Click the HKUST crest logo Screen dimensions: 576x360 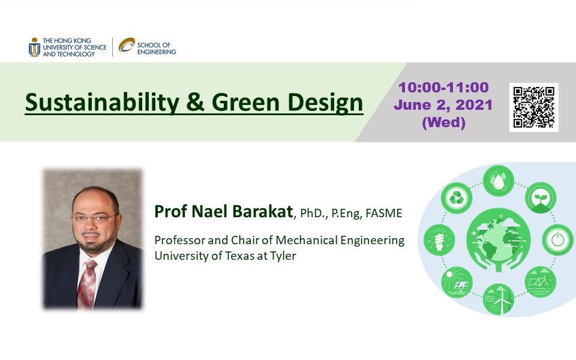point(34,47)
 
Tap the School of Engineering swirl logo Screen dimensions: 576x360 point(127,45)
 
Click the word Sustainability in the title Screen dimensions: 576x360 point(102,103)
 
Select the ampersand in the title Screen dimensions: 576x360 point(195,102)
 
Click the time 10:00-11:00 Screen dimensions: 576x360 point(443,88)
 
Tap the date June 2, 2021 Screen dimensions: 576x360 point(443,105)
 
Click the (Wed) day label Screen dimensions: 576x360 point(443,122)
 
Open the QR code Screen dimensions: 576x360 point(534,107)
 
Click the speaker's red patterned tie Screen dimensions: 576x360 point(86,283)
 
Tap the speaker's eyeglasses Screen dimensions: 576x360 point(95,218)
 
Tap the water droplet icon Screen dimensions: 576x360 point(498,181)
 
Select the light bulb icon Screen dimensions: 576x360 point(439,240)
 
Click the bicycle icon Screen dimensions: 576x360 point(540,282)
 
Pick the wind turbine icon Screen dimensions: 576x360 point(499,299)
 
